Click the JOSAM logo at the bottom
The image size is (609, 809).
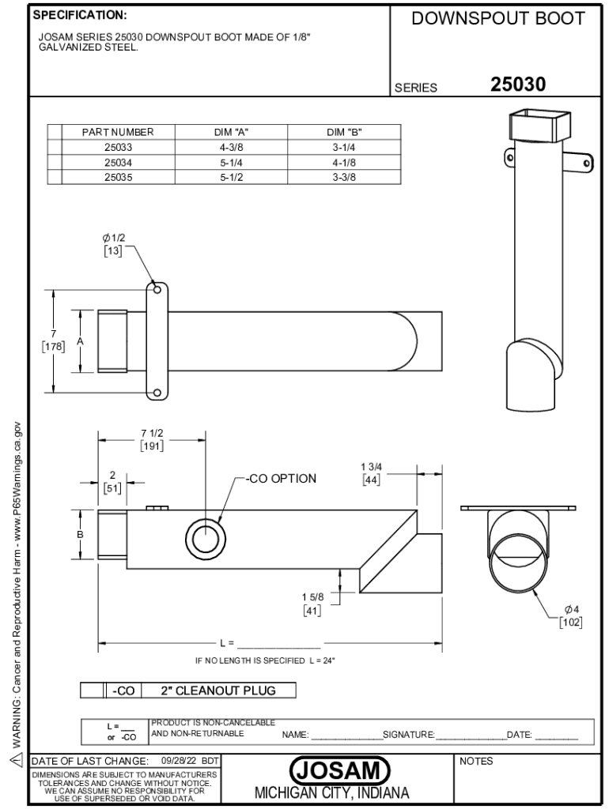339,771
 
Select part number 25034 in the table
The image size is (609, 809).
119,163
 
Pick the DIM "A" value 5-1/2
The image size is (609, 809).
232,178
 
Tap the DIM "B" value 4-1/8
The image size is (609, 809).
344,163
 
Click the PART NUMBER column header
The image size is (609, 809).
118,132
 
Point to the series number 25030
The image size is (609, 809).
517,84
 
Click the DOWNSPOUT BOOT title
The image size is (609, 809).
498,19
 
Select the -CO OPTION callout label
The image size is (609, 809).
281,479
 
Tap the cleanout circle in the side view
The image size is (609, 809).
206,538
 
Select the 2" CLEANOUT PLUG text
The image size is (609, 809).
218,690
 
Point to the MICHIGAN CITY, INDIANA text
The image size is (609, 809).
332,793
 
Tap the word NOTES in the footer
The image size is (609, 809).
476,761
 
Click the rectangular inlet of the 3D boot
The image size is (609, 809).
539,126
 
